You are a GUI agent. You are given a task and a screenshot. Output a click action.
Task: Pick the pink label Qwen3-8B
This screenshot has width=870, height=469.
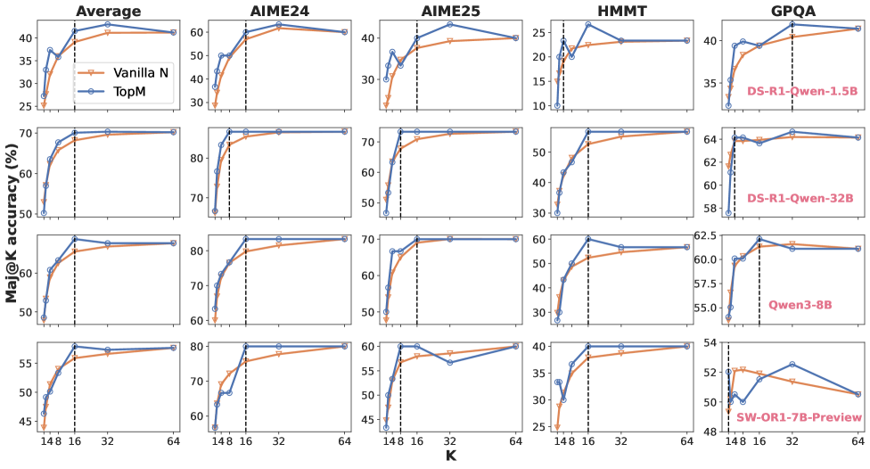[x=800, y=304]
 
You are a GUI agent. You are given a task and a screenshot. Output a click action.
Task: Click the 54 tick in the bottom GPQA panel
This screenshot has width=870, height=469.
[x=710, y=342]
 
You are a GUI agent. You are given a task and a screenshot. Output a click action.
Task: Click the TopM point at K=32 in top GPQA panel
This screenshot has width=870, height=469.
[x=792, y=24]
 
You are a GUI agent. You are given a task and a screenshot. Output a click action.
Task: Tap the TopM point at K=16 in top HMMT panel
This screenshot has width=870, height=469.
[x=588, y=24]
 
